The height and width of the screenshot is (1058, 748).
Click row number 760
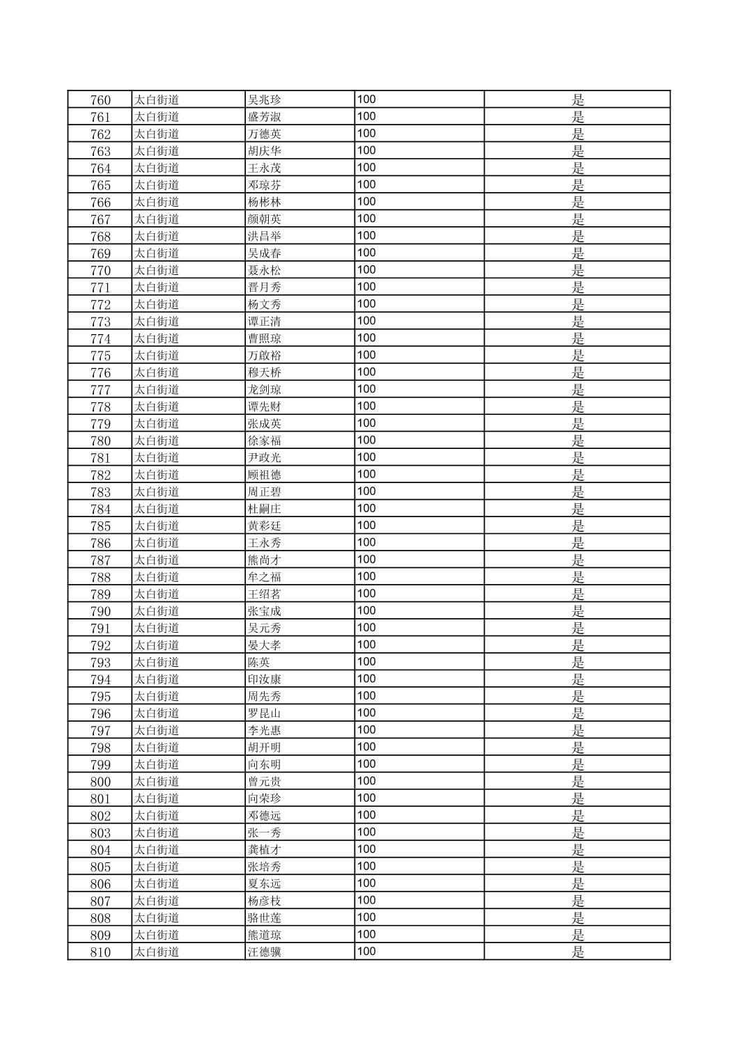100,100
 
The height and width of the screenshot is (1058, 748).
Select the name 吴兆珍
265,100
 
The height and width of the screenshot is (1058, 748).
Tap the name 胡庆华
265,151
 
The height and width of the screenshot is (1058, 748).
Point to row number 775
100,356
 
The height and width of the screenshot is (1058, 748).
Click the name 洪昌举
265,236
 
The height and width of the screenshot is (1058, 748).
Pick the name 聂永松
265,270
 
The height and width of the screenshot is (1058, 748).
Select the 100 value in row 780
366,440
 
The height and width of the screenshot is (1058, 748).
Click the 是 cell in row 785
577,526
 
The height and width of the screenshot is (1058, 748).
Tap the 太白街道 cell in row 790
157,611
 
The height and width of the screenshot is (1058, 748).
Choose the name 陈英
259,663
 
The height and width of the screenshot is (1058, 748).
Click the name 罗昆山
265,713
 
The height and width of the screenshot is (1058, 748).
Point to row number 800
100,782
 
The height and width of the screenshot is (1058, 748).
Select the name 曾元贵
265,782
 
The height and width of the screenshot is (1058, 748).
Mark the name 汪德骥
265,952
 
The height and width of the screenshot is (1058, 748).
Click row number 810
100,952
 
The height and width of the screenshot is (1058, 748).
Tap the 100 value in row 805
366,867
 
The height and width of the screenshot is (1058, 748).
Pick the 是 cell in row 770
577,270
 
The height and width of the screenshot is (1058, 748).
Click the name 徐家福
265,441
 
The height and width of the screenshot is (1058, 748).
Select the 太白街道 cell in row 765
157,185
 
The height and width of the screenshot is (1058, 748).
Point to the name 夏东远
265,884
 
